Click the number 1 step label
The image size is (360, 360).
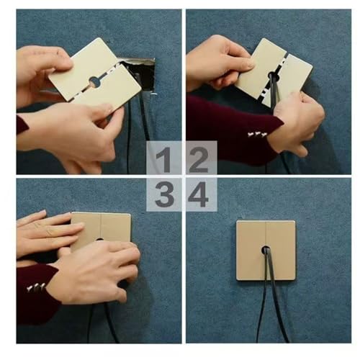(x=164, y=160)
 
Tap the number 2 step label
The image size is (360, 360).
(x=198, y=160)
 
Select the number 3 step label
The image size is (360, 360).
(x=164, y=194)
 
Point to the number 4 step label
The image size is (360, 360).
(x=198, y=194)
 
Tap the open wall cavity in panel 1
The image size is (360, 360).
(x=140, y=74)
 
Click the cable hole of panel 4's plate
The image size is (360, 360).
(x=266, y=251)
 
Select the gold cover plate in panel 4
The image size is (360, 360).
(x=266, y=251)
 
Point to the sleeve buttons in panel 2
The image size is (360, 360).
(x=257, y=135)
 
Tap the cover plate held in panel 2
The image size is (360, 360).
(x=274, y=73)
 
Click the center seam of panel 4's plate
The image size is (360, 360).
(x=266, y=233)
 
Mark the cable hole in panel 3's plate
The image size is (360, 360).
(x=99, y=239)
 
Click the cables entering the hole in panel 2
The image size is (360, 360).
(x=274, y=91)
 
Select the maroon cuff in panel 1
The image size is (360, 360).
(x=22, y=125)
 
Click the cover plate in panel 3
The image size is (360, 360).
(x=102, y=228)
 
